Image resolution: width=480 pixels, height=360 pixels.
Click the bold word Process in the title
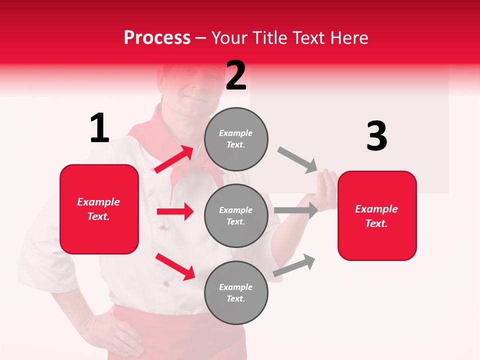click(x=157, y=38)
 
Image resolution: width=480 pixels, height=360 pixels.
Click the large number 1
click(x=99, y=128)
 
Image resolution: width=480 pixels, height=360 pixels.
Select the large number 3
click(x=376, y=136)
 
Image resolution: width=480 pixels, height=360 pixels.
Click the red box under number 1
click(x=99, y=209)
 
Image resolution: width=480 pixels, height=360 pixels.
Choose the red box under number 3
click(x=377, y=215)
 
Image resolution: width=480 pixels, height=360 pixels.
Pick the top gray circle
click(x=236, y=139)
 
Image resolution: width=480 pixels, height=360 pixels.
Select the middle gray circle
click(x=236, y=215)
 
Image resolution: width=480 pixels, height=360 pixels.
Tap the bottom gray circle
click(x=236, y=292)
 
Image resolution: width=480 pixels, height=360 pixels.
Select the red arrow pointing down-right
click(x=175, y=266)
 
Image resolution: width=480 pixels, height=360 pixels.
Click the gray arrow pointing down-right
click(x=297, y=160)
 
